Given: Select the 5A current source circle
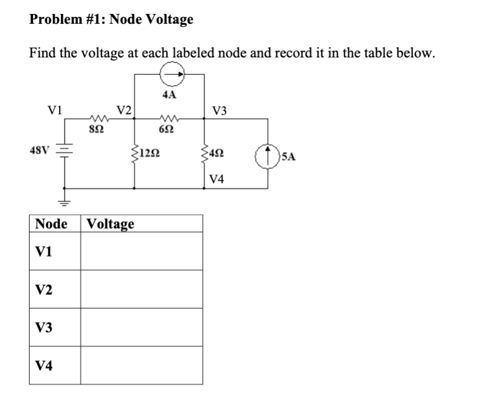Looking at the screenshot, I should point(268,155).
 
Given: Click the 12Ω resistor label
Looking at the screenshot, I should point(150,155).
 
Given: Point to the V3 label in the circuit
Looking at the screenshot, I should point(220,110).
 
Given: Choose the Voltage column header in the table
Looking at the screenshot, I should point(111,224).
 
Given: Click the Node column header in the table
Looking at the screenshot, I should point(51,224).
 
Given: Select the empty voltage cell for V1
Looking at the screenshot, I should point(141,251).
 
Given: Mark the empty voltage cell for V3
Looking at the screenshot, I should point(141,327).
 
